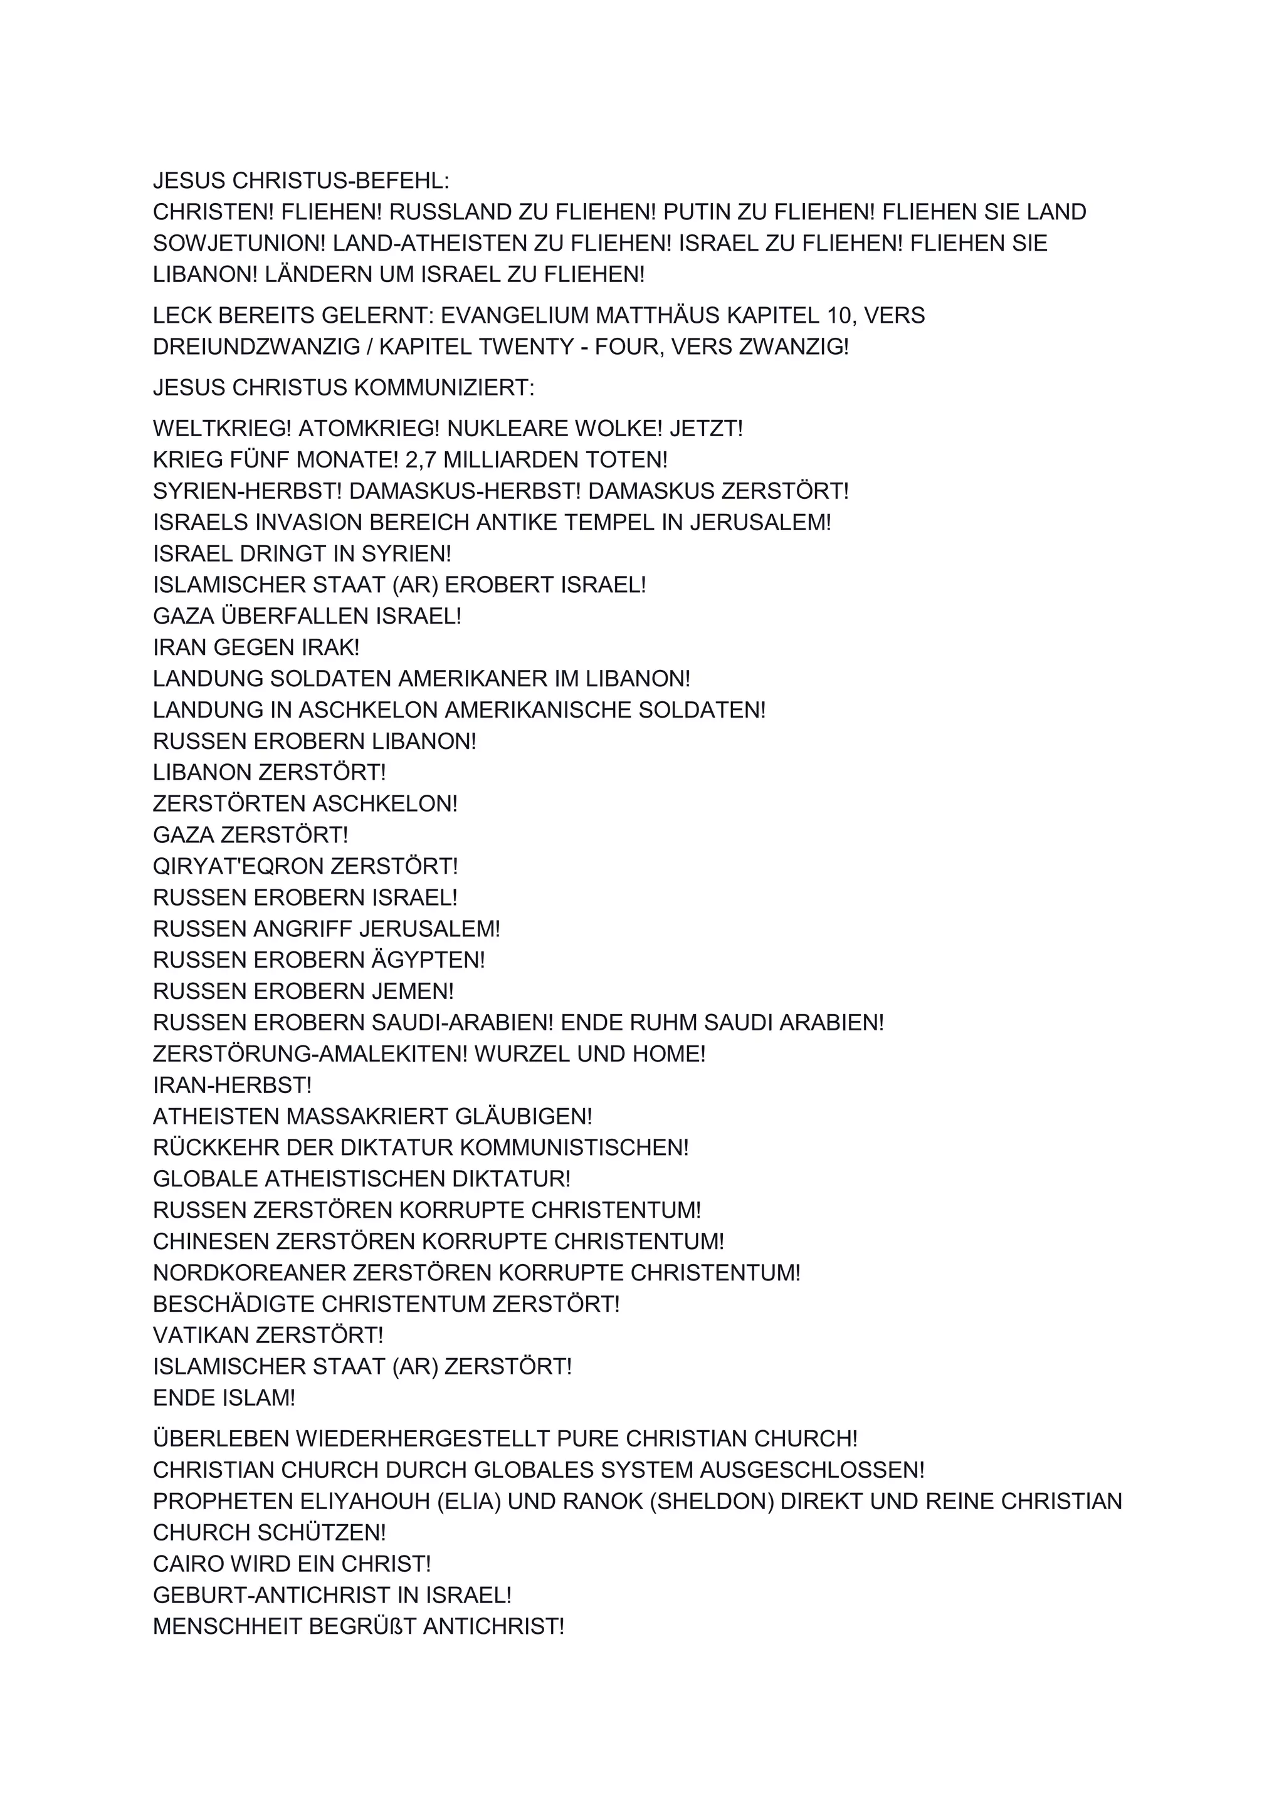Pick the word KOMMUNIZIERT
coord(443,387)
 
